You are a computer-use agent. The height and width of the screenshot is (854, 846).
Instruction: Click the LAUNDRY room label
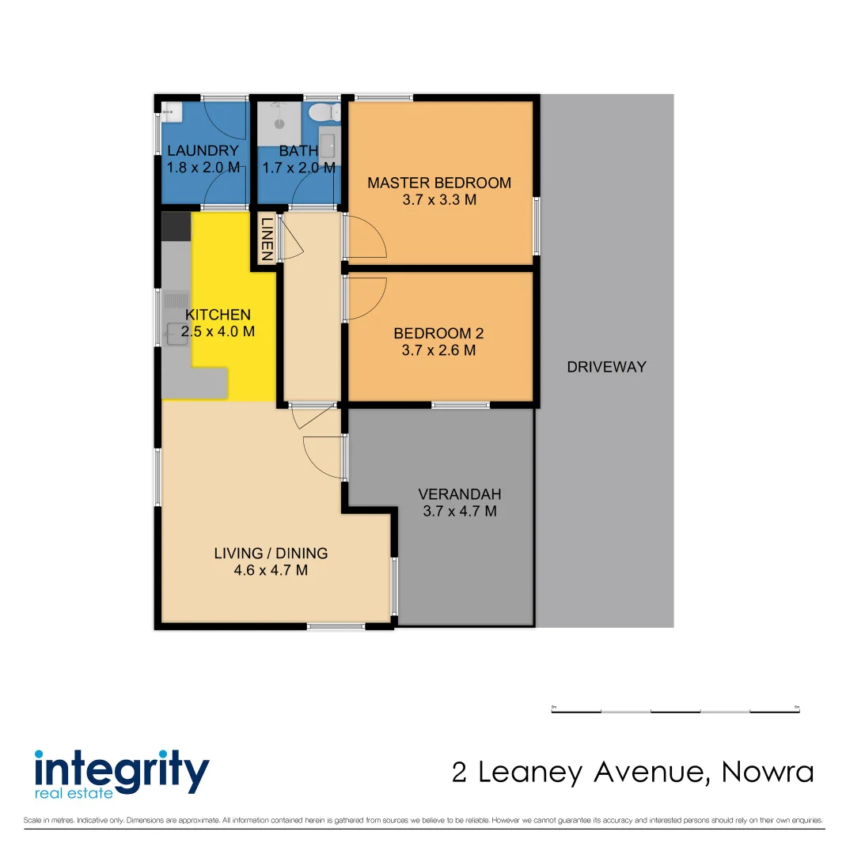(203, 151)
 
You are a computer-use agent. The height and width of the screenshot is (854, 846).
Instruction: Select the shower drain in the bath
(279, 124)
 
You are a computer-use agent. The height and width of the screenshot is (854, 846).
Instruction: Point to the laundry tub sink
(172, 112)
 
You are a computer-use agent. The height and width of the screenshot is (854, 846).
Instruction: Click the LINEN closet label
(267, 239)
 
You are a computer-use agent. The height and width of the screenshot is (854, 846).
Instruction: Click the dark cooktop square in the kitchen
(176, 226)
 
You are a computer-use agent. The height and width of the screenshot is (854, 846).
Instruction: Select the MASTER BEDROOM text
(439, 183)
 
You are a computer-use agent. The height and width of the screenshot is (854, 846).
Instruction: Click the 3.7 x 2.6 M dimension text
(438, 350)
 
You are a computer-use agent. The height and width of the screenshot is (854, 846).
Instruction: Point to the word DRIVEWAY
(606, 367)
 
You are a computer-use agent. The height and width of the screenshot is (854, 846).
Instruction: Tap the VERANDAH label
(460, 494)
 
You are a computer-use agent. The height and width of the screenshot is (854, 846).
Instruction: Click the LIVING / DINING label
(271, 553)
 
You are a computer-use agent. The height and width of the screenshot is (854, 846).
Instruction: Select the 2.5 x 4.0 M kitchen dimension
(218, 332)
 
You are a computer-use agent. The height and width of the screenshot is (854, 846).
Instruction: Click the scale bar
(675, 711)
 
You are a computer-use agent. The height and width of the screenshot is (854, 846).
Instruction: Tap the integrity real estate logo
(121, 772)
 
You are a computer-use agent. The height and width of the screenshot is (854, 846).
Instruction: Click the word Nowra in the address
(767, 772)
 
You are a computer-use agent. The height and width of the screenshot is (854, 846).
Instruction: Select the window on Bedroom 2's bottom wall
(460, 405)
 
